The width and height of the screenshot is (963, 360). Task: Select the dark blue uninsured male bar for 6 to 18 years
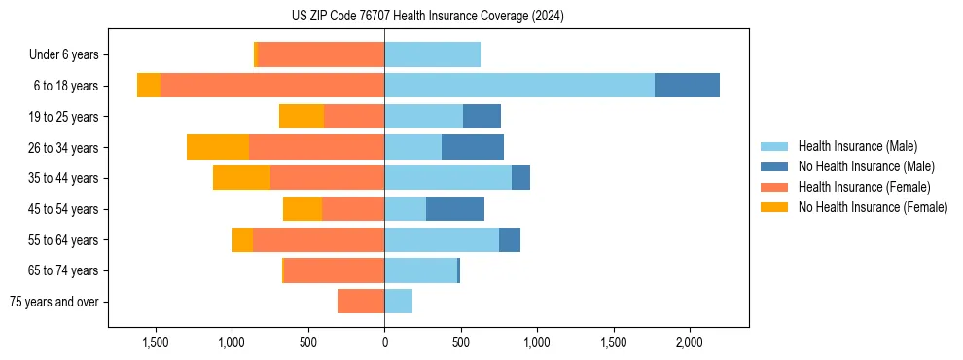tap(687, 86)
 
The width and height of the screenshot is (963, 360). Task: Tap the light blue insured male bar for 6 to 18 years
tap(519, 86)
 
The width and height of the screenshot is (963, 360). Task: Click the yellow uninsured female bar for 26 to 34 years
tap(218, 147)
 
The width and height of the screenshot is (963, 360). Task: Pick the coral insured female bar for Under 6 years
tap(321, 54)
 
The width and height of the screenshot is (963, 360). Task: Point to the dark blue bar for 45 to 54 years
tap(455, 209)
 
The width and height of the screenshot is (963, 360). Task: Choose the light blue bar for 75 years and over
tap(399, 302)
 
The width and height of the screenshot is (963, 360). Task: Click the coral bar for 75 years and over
tap(361, 302)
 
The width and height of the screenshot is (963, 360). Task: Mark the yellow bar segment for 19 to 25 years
tap(302, 117)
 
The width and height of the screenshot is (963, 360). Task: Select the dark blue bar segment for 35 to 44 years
tap(520, 178)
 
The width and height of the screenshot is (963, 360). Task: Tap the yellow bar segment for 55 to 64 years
tap(242, 239)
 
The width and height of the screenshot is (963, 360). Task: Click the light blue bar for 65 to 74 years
tap(421, 270)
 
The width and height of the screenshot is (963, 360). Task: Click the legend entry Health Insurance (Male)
tap(857, 146)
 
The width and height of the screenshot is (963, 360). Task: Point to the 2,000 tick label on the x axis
tap(689, 342)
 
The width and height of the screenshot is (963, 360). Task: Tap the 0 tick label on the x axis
tap(384, 342)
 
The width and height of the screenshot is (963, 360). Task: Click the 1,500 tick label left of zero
tap(156, 342)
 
